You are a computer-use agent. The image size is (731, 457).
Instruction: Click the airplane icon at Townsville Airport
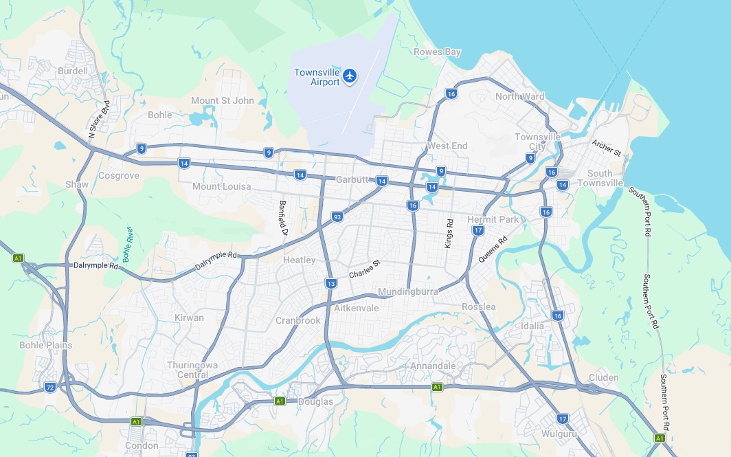[x=350, y=75]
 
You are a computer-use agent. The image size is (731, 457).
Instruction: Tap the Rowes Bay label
[x=437, y=52]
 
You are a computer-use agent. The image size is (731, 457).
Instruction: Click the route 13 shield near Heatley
[x=331, y=283]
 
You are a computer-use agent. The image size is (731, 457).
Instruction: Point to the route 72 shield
[x=50, y=388]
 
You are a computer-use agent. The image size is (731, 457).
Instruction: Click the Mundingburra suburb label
[x=407, y=291]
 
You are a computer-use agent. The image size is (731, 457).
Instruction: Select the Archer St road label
[x=606, y=148]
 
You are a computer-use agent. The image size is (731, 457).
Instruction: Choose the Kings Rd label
[x=449, y=234]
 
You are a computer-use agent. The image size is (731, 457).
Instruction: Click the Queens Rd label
[x=492, y=250]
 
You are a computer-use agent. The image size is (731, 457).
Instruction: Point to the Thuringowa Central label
[x=188, y=370]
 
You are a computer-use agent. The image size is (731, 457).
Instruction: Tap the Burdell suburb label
[x=73, y=71]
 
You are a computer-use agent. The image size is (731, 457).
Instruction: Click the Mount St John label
[x=222, y=100]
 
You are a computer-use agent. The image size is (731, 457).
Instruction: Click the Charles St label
[x=364, y=269]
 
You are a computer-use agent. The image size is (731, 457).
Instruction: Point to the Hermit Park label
[x=493, y=219]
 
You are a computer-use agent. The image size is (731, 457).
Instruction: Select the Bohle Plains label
[x=45, y=345]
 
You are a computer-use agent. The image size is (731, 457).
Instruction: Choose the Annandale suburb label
[x=433, y=366]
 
